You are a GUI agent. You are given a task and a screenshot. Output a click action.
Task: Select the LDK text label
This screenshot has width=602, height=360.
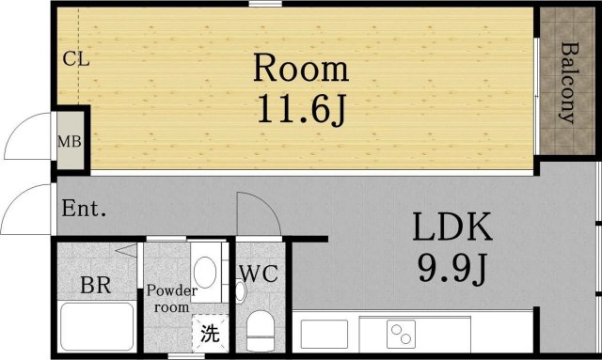pyautogui.click(x=450, y=228)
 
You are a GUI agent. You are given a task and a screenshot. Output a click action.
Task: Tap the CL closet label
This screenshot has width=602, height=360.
pyautogui.click(x=75, y=59)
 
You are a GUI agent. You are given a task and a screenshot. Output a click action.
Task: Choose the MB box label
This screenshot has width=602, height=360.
pyautogui.click(x=69, y=143)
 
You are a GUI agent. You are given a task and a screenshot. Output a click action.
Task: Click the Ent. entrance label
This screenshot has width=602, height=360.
pyautogui.click(x=83, y=209)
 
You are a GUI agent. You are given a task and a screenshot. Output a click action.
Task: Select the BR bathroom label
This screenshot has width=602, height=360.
pyautogui.click(x=96, y=285)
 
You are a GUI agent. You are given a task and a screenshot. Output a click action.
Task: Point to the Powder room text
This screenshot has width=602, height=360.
pyautogui.click(x=170, y=298)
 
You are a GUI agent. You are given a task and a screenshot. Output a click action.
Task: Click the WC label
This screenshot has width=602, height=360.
pyautogui.click(x=257, y=274)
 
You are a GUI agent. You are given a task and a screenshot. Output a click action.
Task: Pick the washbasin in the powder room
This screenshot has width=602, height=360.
pyautogui.click(x=207, y=272)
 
